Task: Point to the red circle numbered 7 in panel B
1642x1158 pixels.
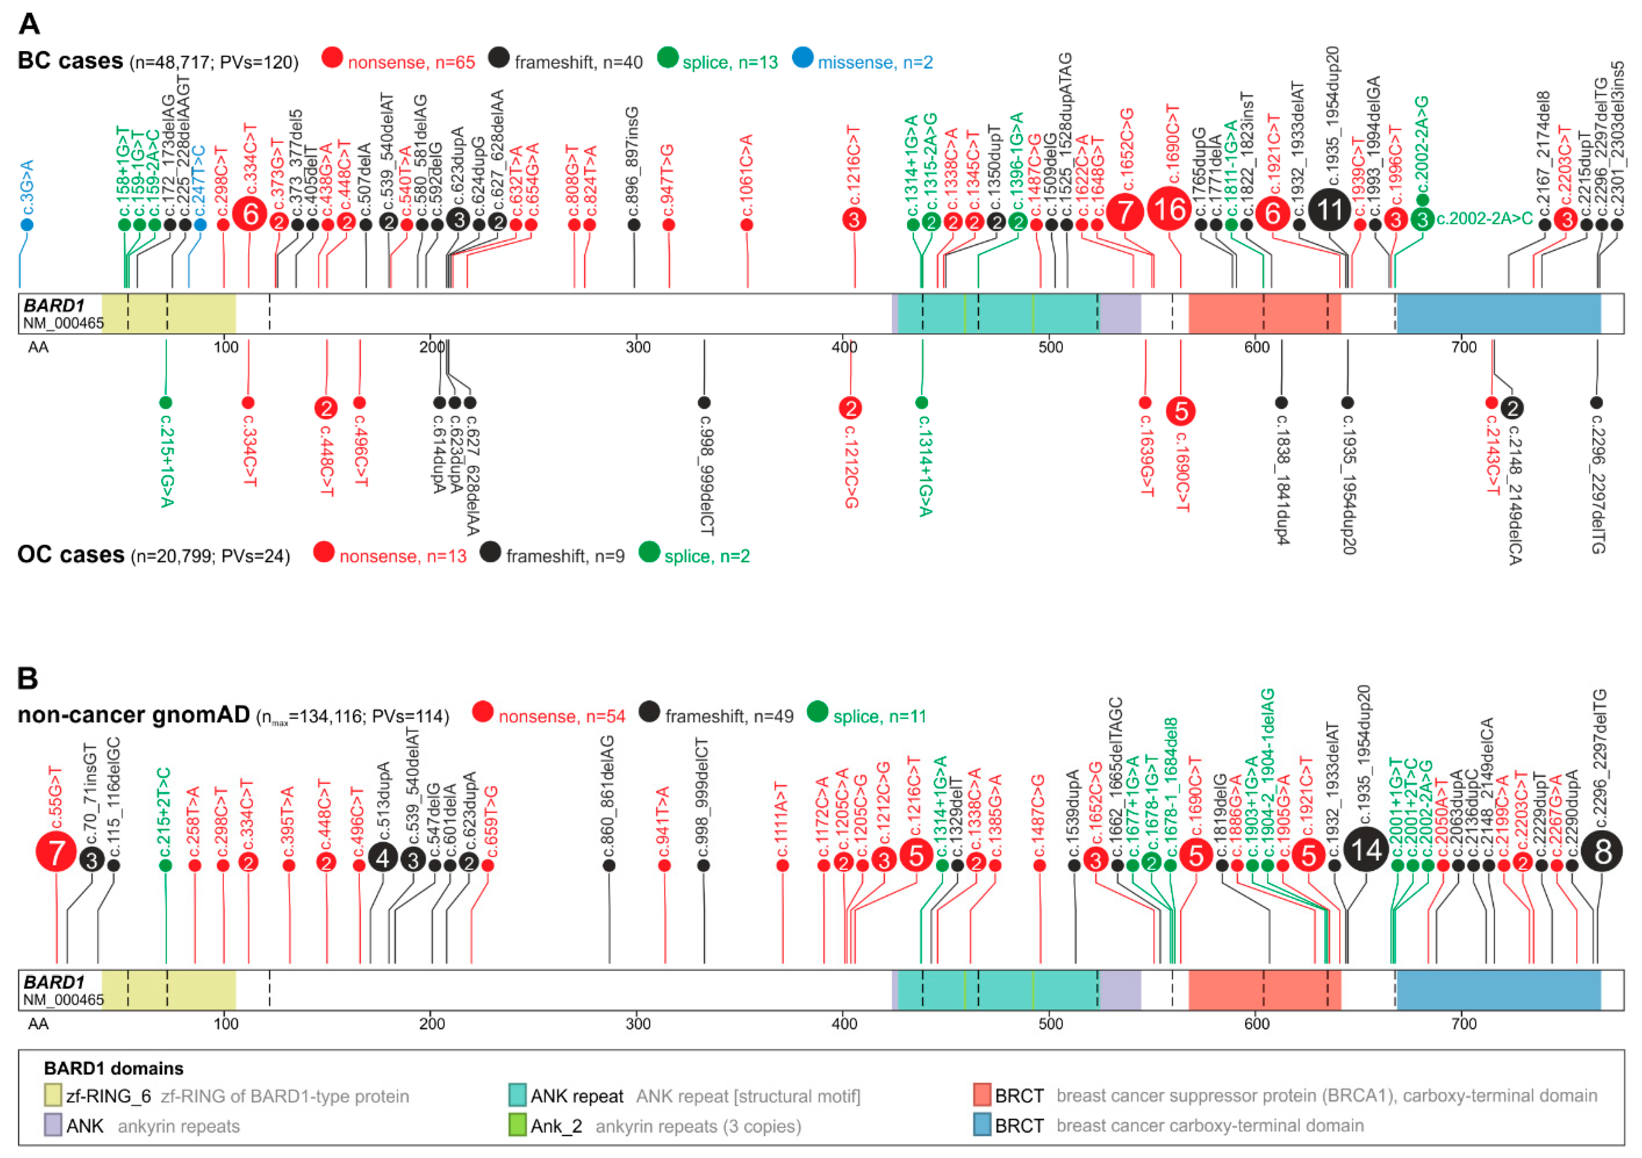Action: tap(56, 852)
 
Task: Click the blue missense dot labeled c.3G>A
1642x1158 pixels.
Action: tap(27, 225)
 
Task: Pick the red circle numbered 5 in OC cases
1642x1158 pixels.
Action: tap(1181, 411)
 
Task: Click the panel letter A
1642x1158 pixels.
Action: tap(29, 24)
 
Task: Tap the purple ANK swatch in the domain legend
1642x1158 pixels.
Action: tap(52, 1125)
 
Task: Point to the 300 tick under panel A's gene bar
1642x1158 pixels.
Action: tap(638, 348)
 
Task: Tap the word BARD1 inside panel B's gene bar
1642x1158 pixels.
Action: tap(54, 982)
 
